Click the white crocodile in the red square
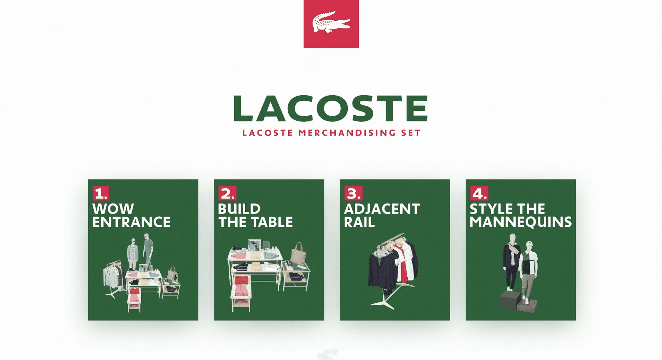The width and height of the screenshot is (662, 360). tap(331, 22)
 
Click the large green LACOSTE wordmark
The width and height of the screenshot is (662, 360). tap(331, 108)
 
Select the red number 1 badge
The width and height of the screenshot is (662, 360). tap(101, 193)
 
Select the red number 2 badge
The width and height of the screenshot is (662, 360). tap(227, 193)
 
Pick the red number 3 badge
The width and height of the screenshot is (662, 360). tap(353, 193)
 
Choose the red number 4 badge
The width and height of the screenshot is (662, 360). tap(479, 193)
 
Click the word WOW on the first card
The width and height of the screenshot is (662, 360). tap(113, 209)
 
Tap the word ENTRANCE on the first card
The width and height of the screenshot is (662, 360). tap(131, 222)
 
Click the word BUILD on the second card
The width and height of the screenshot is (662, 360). tap(239, 209)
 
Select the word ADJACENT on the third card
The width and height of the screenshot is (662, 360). tap(382, 209)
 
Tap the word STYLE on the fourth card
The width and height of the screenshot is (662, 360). tap(491, 209)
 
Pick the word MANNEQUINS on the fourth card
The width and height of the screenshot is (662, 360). tap(521, 222)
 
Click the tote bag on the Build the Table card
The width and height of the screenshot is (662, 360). tap(299, 254)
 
